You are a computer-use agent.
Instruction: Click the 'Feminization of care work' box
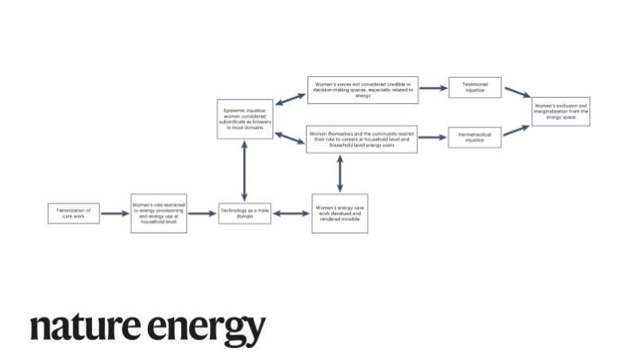coord(74,213)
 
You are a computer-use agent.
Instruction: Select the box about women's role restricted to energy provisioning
coord(159,213)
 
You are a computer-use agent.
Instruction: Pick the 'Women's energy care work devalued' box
coord(340,213)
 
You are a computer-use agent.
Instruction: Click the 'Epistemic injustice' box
coord(245,119)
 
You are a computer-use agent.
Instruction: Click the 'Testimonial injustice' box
coord(475,87)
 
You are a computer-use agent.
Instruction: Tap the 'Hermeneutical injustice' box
coord(475,137)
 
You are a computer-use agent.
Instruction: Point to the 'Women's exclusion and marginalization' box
coord(561,110)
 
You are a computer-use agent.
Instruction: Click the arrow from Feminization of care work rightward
coord(115,213)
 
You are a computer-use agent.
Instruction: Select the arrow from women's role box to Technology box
coord(203,213)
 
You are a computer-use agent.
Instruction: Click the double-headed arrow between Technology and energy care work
coord(292,213)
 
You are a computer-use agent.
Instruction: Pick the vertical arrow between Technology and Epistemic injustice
coord(245,172)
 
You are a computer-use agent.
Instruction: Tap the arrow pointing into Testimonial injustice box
coord(433,88)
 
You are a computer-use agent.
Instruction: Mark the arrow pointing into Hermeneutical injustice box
coord(433,137)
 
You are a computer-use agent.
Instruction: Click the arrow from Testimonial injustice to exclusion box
coord(516,93)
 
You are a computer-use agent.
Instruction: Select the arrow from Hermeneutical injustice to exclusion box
coord(516,130)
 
